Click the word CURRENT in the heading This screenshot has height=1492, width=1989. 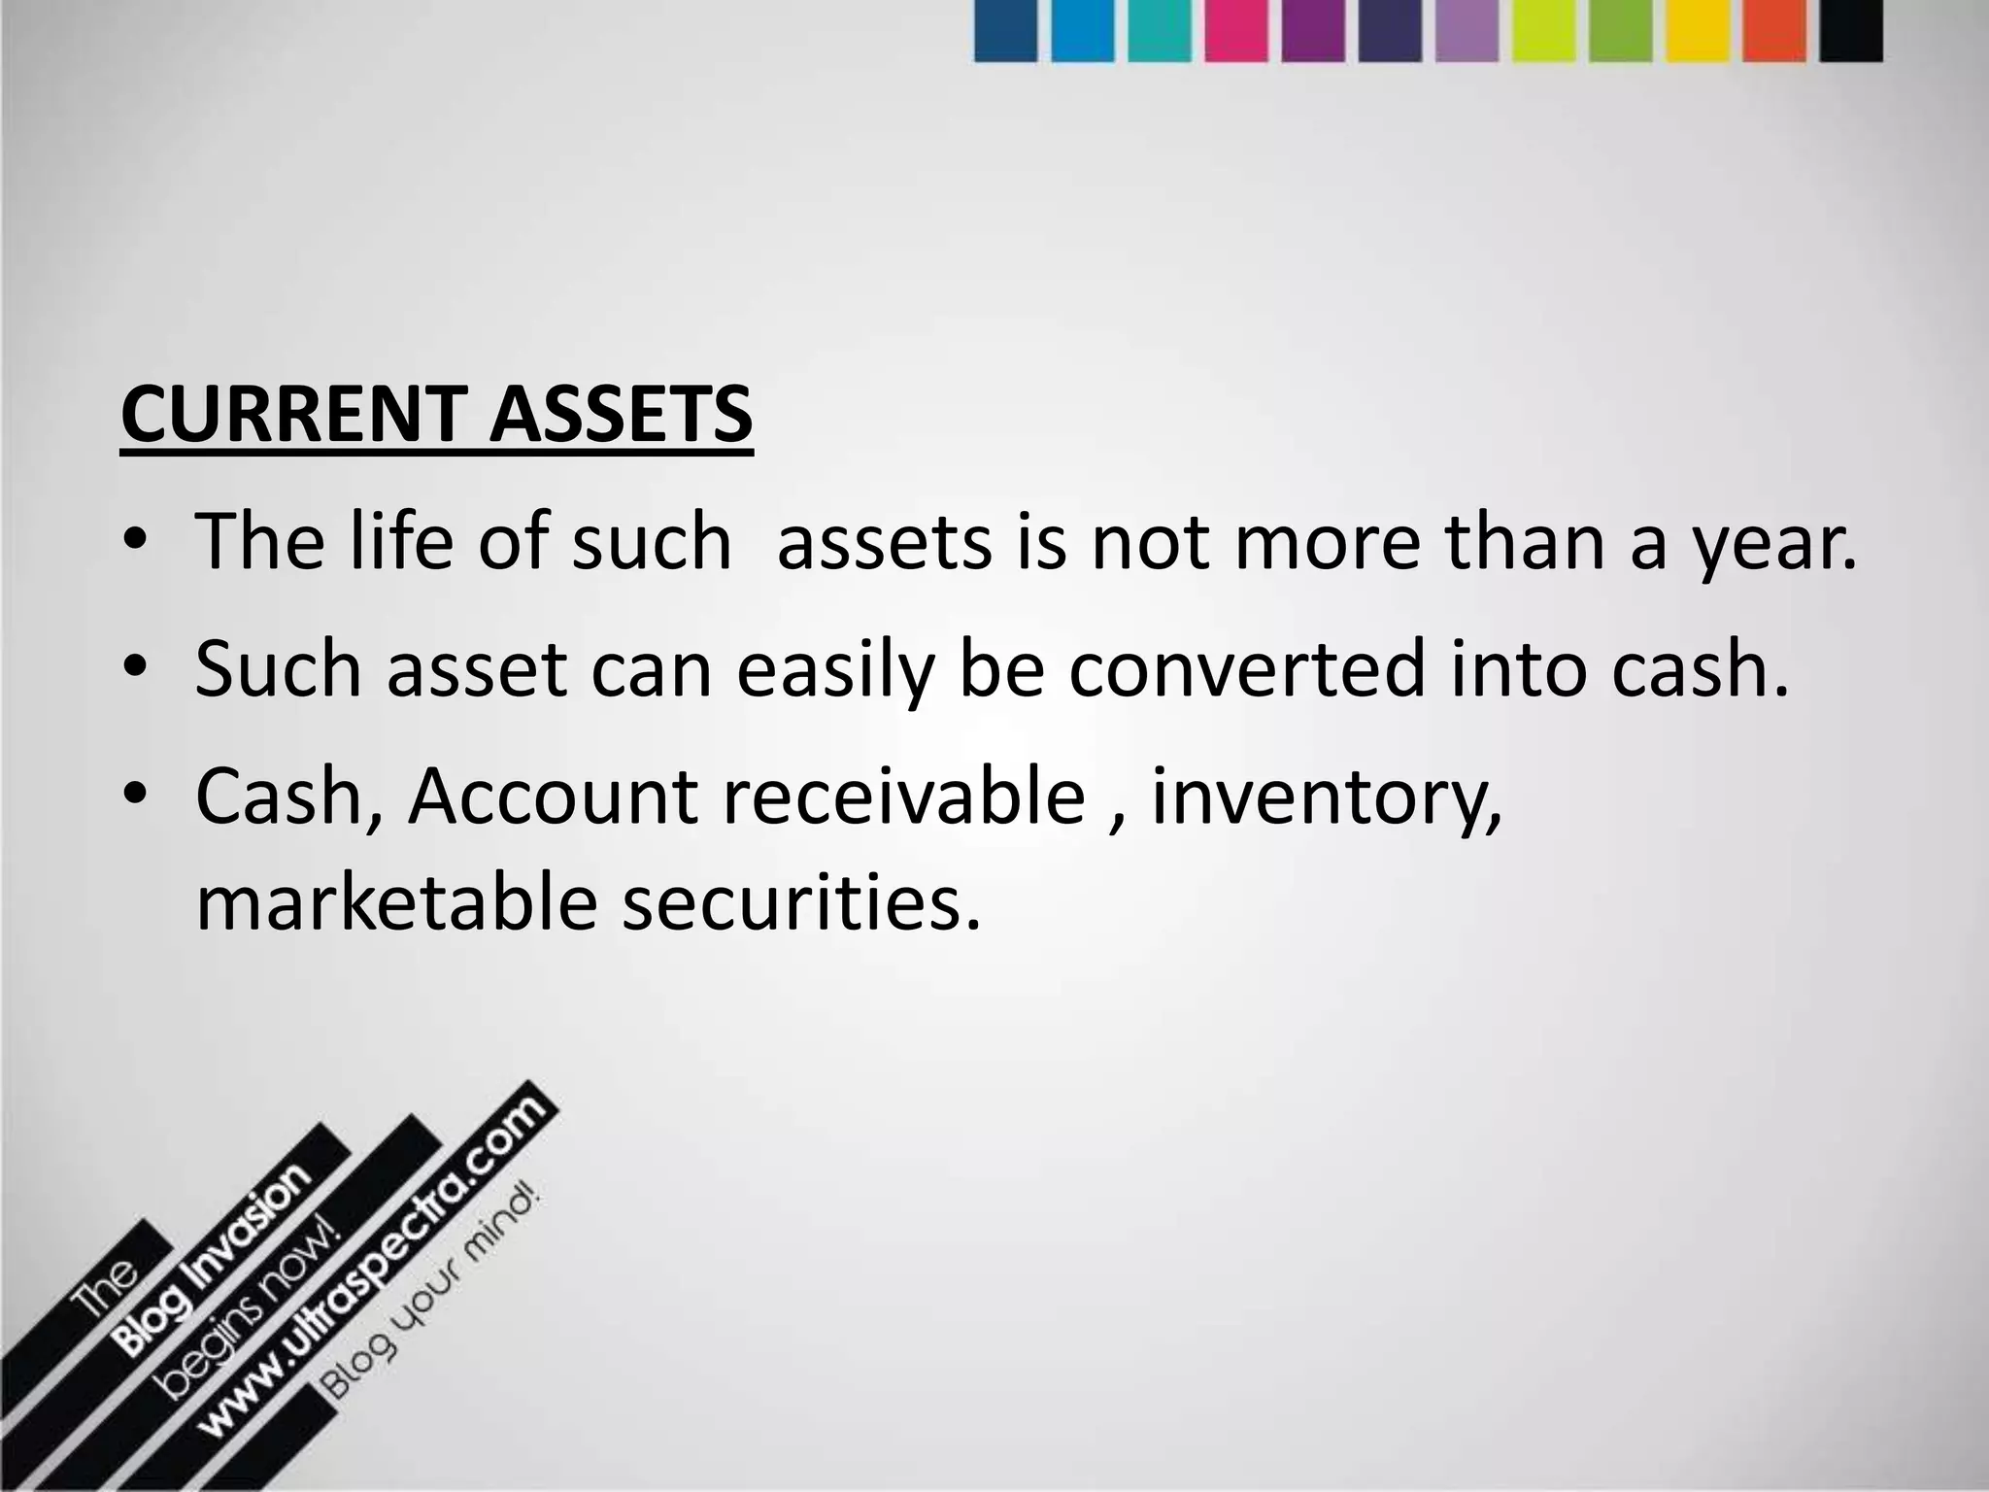[296, 414]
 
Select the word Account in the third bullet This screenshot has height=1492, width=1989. [552, 797]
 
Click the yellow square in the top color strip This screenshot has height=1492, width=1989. [1697, 31]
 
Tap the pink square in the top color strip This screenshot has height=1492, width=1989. [1236, 31]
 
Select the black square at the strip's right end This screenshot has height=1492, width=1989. [1850, 31]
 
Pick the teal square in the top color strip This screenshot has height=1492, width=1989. [1159, 31]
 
